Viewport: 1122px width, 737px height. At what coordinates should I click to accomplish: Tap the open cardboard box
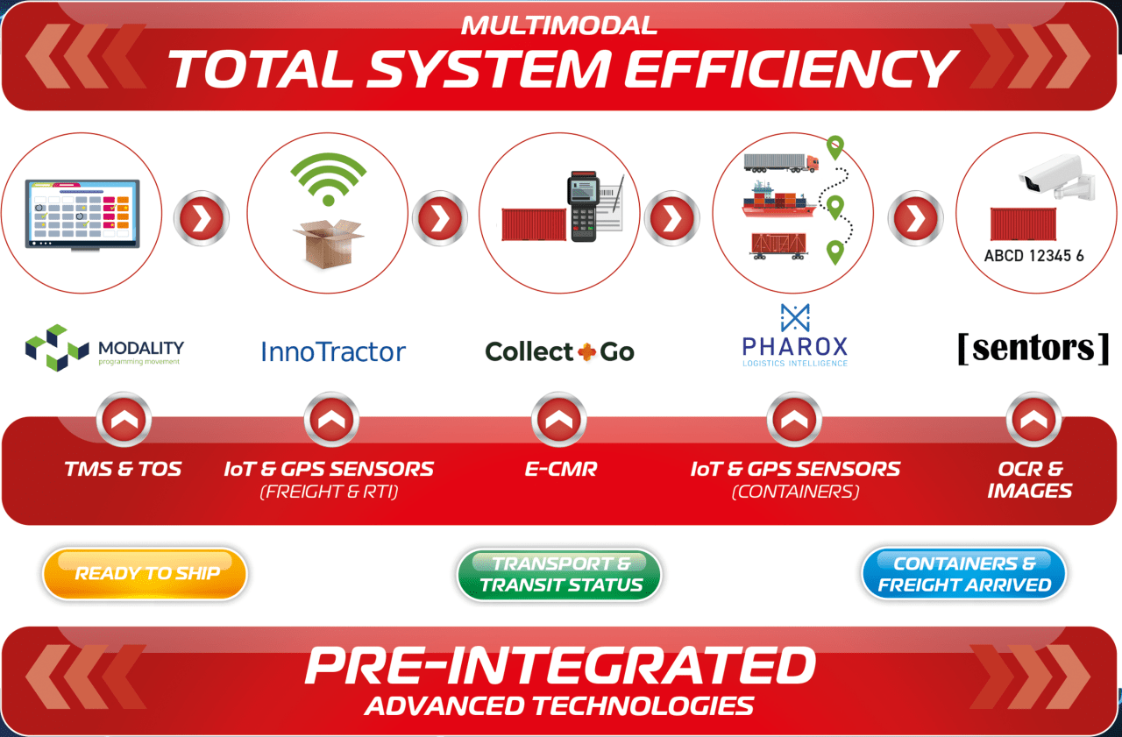[x=329, y=243]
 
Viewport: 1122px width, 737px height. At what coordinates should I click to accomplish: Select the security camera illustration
[x=1057, y=176]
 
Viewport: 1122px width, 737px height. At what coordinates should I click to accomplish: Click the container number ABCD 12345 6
[x=1033, y=256]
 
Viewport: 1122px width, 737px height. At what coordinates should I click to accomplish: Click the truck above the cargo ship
[x=781, y=163]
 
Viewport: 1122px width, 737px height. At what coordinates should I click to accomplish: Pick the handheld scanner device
[x=583, y=206]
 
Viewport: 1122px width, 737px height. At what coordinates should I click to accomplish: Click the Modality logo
[x=104, y=348]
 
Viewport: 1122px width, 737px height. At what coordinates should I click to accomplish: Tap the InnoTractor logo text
[x=333, y=352]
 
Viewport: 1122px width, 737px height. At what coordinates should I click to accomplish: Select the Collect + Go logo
[x=559, y=352]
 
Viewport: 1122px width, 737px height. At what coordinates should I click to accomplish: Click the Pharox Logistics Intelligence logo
[x=795, y=336]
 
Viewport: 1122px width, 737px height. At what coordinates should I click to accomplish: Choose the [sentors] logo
[x=1033, y=349]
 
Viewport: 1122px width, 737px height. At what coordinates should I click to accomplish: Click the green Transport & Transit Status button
[x=559, y=574]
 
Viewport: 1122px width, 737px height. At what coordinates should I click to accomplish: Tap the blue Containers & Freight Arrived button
[x=963, y=574]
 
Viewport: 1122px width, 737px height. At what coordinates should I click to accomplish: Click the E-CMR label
[x=560, y=469]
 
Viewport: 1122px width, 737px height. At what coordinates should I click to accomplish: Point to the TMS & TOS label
[x=123, y=469]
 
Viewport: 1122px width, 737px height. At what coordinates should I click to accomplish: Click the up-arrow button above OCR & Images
[x=1033, y=420]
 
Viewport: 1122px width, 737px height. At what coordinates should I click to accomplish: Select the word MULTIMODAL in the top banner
[x=559, y=25]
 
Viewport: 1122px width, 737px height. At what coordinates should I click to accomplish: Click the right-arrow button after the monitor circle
[x=202, y=218]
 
